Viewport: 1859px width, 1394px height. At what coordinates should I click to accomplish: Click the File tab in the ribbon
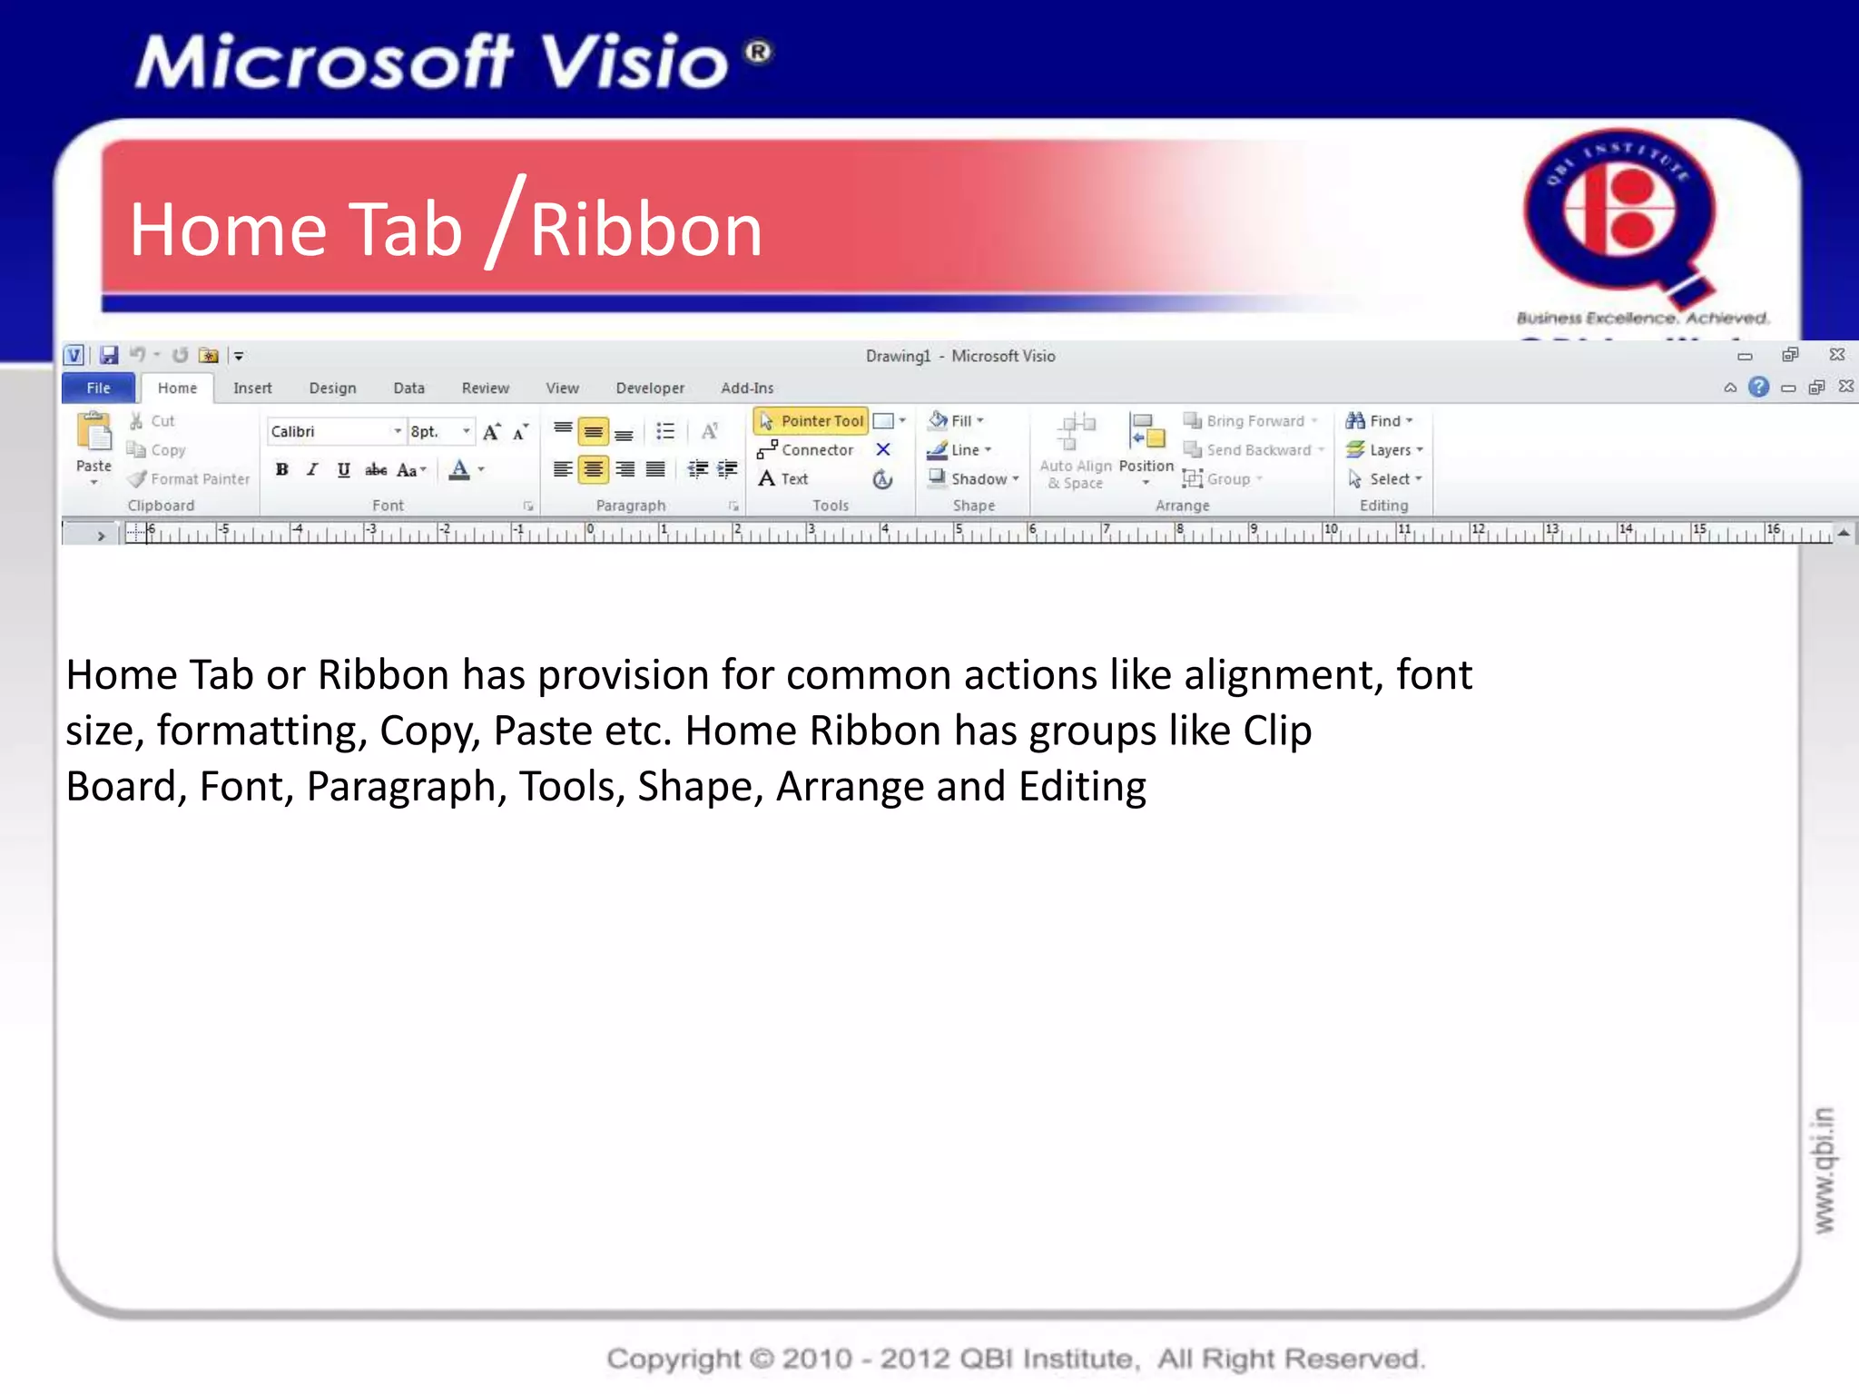(98, 388)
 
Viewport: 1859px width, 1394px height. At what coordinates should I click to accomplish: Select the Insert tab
(252, 388)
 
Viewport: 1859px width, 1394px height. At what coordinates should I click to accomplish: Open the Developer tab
(650, 388)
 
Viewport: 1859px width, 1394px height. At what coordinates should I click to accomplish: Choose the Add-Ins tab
(747, 388)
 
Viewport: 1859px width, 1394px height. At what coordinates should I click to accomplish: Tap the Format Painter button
(190, 479)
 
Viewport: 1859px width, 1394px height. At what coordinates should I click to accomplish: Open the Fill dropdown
(957, 421)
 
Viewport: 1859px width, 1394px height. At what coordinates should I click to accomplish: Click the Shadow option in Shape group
(974, 479)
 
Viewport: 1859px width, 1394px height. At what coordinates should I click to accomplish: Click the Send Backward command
(1253, 450)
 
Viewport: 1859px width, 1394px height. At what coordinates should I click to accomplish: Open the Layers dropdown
(1385, 450)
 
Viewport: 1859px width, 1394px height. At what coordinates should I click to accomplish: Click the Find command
(1380, 421)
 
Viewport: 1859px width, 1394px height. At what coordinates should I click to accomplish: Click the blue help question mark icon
(1758, 388)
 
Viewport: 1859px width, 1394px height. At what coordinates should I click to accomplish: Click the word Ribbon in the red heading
(645, 231)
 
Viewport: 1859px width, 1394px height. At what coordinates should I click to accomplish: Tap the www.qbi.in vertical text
(1824, 1171)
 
